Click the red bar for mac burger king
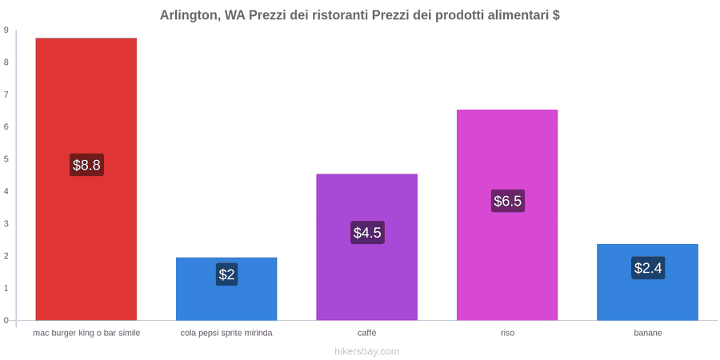[86, 179]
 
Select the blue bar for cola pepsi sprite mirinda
[226, 289]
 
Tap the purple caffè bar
[367, 247]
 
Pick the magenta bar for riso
[507, 215]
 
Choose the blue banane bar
[647, 282]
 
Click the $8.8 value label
[86, 165]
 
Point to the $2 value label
[226, 274]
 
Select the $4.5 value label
[367, 232]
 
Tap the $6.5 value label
[508, 201]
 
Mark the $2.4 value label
[648, 268]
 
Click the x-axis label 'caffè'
[367, 333]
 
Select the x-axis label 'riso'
[507, 333]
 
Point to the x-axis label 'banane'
[648, 333]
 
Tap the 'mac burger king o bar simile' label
[86, 333]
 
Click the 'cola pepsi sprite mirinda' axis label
[226, 333]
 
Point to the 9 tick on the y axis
[6, 30]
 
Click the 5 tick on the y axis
[6, 159]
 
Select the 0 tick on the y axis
[6, 320]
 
